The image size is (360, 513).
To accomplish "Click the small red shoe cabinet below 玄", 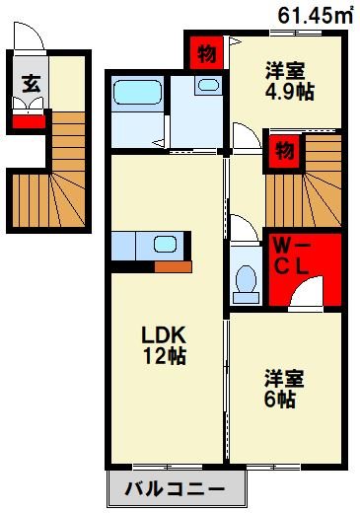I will point(28,123).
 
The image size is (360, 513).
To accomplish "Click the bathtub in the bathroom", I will point(137,95).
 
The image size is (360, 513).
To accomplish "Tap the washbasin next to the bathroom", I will point(208,87).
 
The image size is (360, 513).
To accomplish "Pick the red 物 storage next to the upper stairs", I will point(284,150).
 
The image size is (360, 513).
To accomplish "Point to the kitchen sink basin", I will point(164,245).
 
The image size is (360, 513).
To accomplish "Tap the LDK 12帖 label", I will point(164,343).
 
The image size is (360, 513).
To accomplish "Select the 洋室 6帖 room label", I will point(284,388).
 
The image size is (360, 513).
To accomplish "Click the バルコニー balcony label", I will point(174,487).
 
